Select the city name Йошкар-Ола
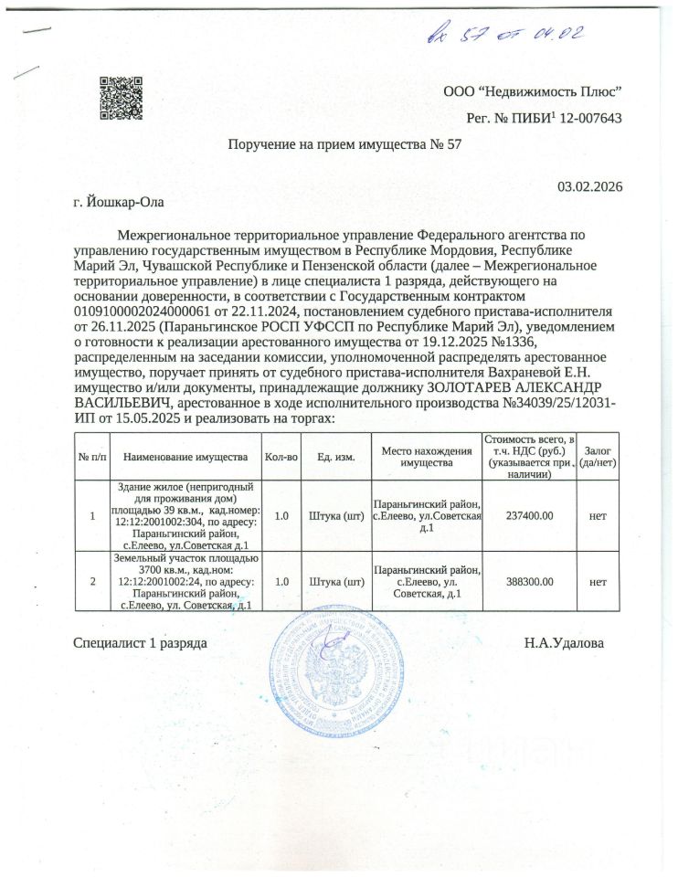[120, 201]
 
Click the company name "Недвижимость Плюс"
[546, 91]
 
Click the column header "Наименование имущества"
[185, 456]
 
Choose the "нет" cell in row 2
[599, 580]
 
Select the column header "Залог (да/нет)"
[599, 456]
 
